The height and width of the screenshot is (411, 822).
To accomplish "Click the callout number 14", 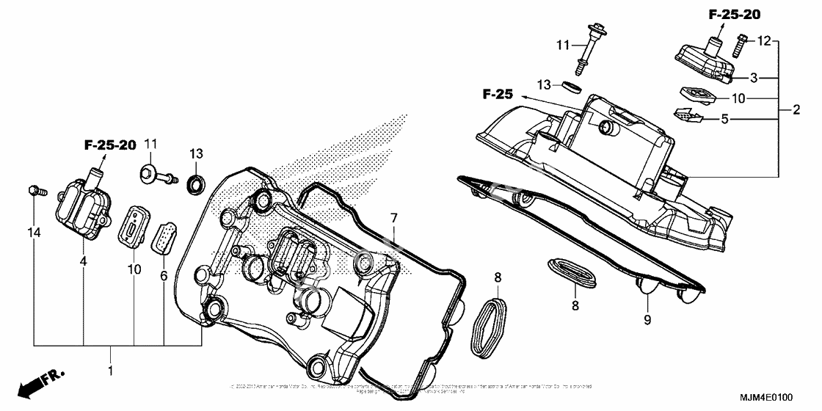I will point(34,233).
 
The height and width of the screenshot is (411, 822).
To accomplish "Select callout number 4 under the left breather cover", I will point(84,261).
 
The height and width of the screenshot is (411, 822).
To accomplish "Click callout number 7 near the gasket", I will point(393,218).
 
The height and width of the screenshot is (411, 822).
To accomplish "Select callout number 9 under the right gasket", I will point(648,319).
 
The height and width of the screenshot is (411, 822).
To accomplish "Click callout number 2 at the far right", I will point(796,111).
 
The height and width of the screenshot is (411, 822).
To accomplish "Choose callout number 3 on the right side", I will point(753,76).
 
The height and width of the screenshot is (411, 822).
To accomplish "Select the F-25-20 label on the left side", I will point(111,146).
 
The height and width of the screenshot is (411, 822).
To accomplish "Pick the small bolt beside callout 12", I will point(739,46).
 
